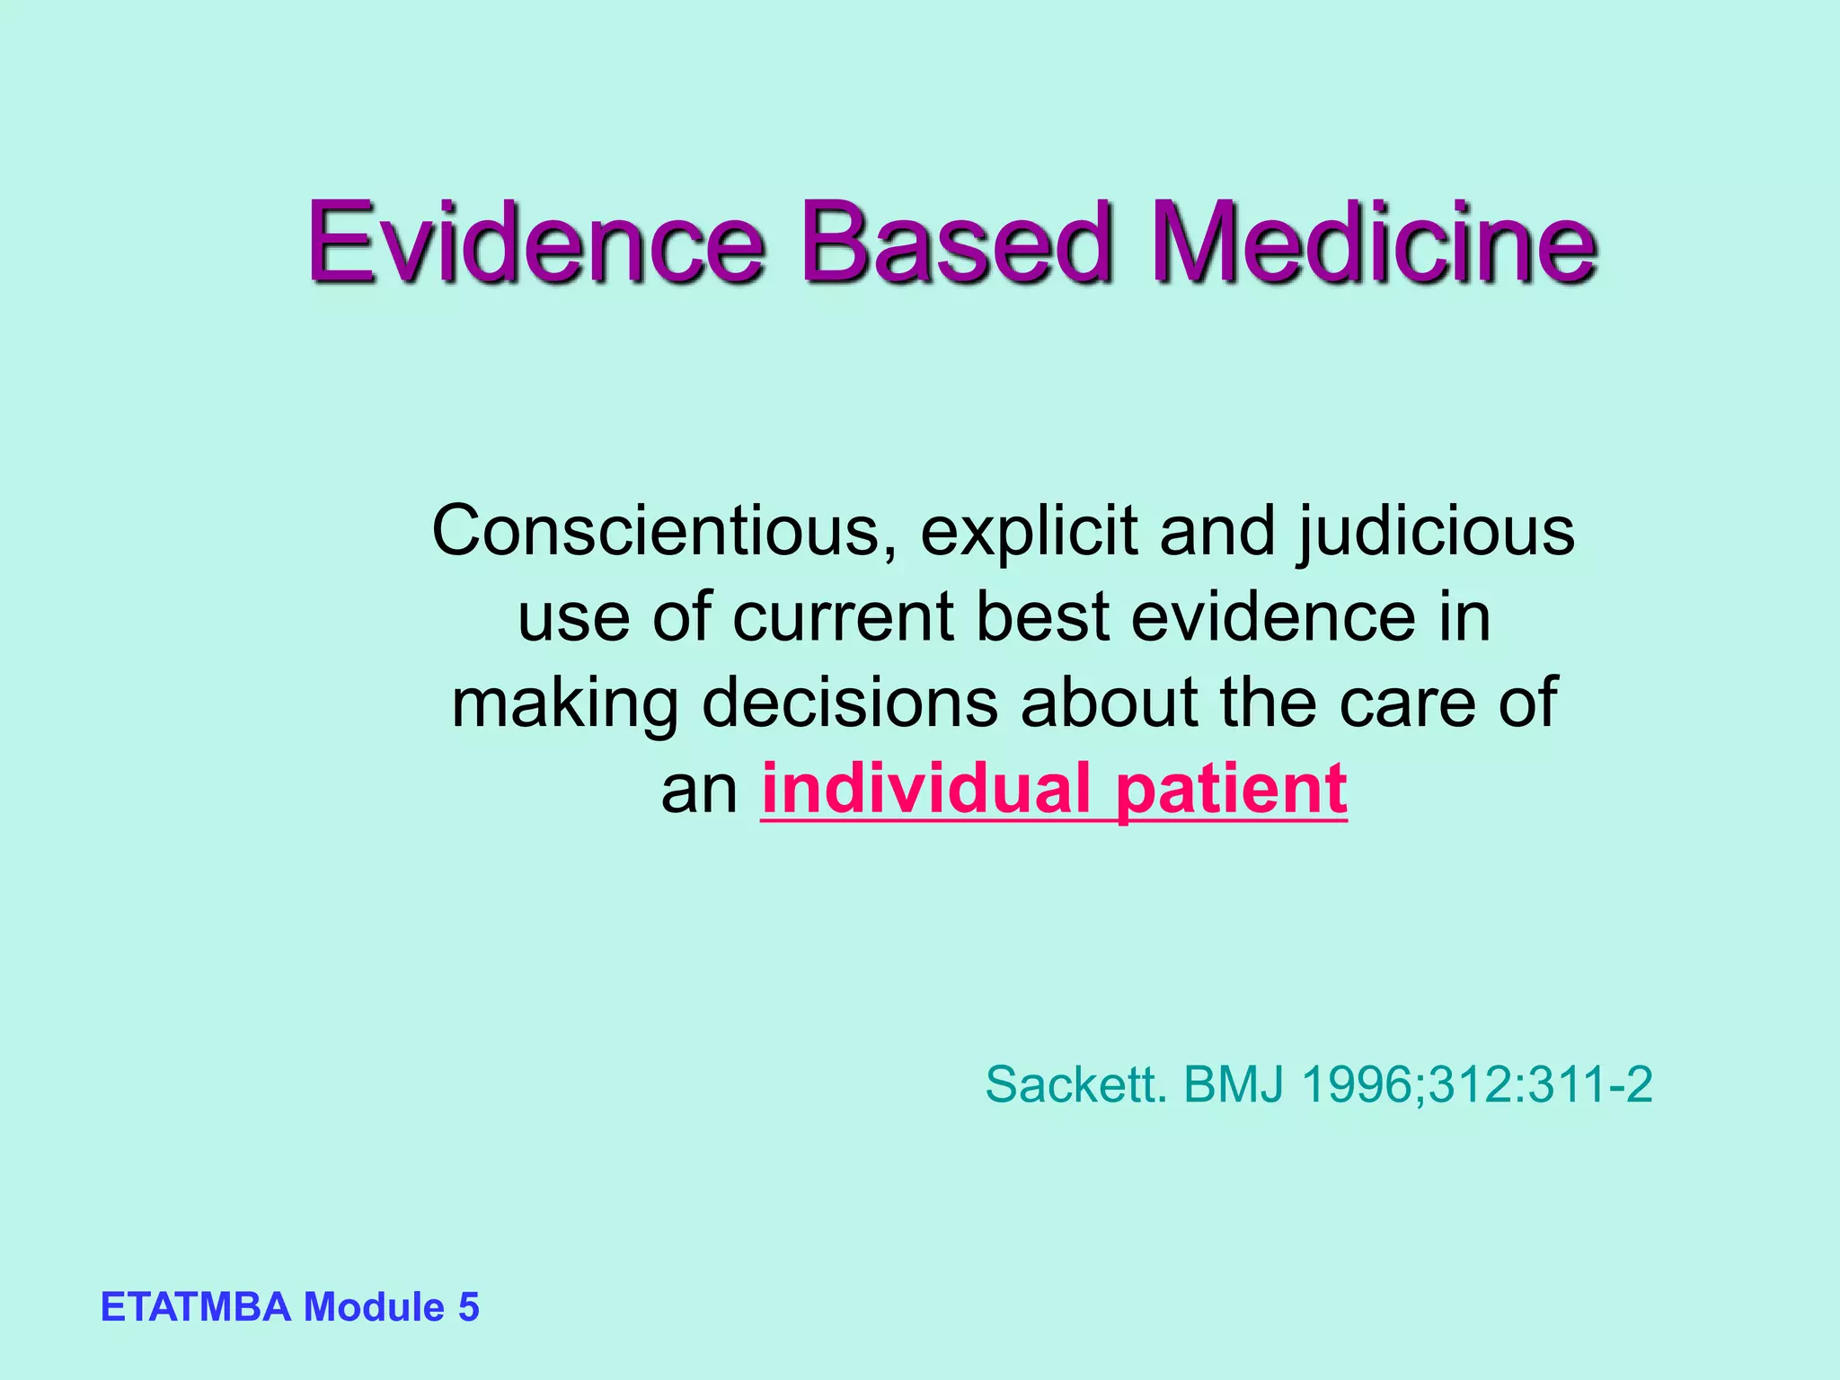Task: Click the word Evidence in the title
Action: point(535,241)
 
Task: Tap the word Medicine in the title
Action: point(1375,241)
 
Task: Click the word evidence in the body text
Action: point(1273,616)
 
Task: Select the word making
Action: point(565,703)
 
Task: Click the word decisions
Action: point(849,702)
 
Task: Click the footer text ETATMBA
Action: point(196,1306)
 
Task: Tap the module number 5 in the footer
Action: point(469,1306)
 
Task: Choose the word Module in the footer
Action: point(375,1306)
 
